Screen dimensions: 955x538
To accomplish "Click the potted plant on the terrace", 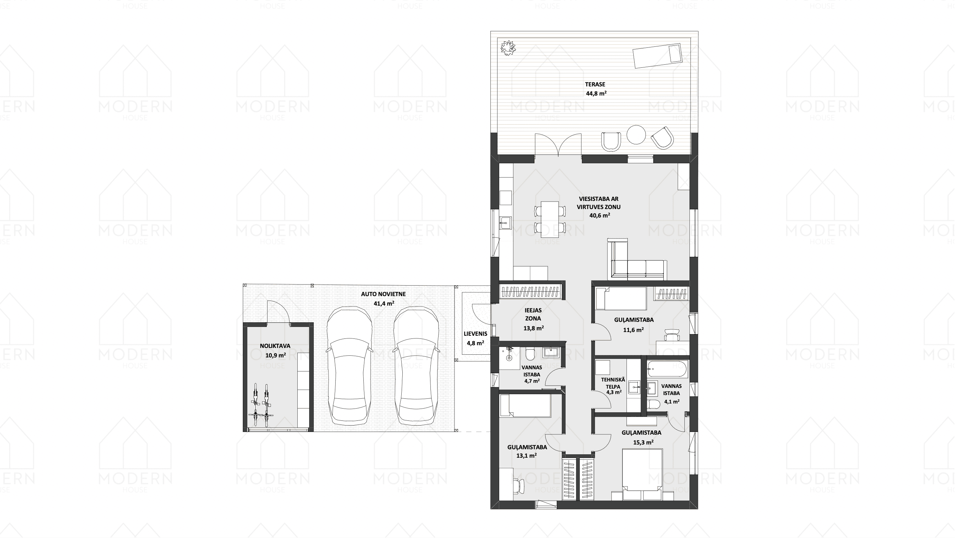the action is point(508,48).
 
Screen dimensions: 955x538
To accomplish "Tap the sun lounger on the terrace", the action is point(657,56).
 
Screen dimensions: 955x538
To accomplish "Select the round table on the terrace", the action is point(636,134).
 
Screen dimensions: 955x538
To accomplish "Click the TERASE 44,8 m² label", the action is point(595,89).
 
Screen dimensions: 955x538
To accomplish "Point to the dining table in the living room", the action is point(550,219).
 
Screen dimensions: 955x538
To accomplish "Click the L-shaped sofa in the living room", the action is point(635,260).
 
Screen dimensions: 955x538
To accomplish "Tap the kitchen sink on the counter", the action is point(505,223).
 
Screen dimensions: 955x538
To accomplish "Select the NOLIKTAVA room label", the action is point(275,346).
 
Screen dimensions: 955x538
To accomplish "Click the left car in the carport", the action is point(349,366).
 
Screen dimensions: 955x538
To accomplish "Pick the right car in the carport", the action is point(416,366).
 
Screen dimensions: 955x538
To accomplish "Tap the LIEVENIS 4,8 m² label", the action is point(475,338).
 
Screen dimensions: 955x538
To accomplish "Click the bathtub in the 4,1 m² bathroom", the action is point(667,369).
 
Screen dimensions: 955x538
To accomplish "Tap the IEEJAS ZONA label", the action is point(533,314).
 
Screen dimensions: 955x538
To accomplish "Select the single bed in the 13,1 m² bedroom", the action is point(525,406).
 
